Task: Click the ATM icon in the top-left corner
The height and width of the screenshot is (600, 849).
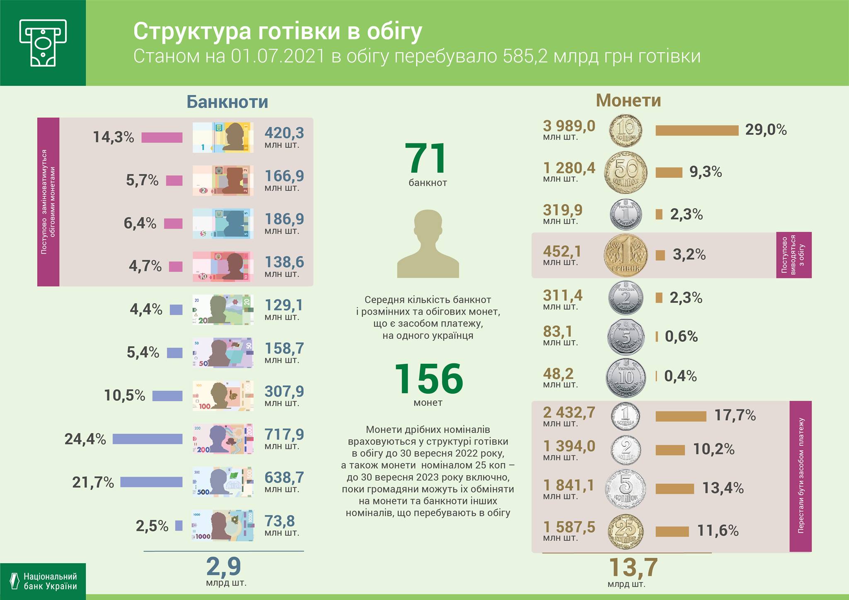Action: pos(43,43)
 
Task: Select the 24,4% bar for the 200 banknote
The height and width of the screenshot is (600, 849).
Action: pos(147,439)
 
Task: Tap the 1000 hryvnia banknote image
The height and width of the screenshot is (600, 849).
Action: pos(223,526)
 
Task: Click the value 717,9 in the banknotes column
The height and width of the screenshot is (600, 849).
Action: pos(284,434)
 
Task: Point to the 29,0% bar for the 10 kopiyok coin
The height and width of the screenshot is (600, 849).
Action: pos(696,130)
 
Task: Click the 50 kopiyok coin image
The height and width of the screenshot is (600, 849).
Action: pos(626,172)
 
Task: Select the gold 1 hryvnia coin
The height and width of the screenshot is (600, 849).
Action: pos(626,255)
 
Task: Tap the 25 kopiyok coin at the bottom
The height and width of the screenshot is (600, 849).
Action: pos(626,531)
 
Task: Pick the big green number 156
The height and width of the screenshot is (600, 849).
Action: pos(428,378)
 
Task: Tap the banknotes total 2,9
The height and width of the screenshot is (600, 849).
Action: pos(224,567)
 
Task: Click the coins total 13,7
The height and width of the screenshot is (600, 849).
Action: pos(633,567)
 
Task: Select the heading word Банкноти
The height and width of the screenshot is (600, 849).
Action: pos(227,102)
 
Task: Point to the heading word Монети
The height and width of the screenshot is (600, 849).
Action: pos(628,100)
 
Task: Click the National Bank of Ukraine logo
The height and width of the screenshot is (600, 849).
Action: pos(43,581)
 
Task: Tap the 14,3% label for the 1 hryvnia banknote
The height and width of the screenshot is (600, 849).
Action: pos(113,137)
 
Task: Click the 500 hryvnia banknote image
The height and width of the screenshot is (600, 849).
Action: pos(223,482)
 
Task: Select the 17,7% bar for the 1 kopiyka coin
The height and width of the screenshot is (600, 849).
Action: pos(681,416)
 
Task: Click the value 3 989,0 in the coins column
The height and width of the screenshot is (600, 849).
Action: pos(569,126)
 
